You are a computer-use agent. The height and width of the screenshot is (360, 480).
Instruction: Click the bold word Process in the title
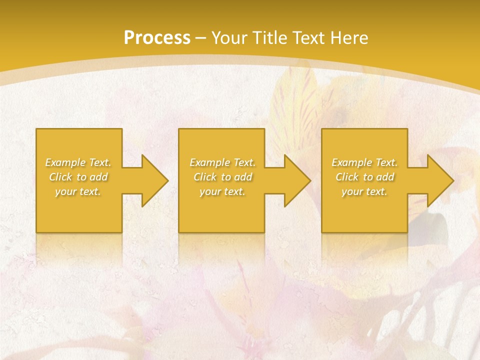point(157,38)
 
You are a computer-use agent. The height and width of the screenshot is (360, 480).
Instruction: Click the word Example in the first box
point(65,162)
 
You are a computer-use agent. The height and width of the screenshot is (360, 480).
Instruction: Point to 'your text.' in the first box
point(78,191)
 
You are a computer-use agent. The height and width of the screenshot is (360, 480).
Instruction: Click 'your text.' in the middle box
point(222,191)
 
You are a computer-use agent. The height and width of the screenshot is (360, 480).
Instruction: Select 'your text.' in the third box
point(364,191)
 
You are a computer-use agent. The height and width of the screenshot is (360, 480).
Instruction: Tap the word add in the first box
point(98,177)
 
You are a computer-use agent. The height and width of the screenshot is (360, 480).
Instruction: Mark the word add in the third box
point(385,177)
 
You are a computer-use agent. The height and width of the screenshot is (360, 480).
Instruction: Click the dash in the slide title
point(200,38)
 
